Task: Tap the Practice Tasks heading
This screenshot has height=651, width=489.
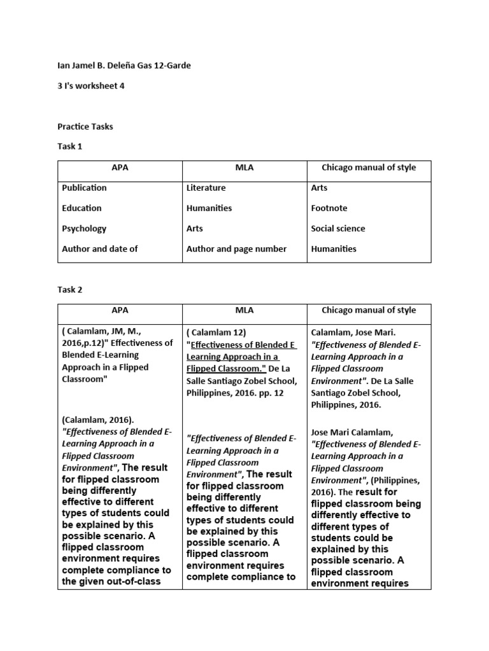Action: [85, 127]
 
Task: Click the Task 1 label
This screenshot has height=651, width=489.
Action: [70, 147]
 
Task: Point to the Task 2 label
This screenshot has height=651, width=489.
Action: [70, 290]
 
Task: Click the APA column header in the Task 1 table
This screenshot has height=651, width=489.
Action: [120, 168]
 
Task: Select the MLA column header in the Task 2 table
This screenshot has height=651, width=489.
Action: [244, 311]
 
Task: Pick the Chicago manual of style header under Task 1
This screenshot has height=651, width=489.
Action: [369, 168]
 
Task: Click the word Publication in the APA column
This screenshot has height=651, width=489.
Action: [84, 188]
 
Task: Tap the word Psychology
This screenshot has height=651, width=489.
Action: [84, 229]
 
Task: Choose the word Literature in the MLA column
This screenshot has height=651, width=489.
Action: [206, 188]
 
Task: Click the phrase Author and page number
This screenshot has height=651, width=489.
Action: [236, 249]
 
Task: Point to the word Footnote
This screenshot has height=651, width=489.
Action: [329, 209]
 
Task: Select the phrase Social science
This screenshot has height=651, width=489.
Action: [338, 229]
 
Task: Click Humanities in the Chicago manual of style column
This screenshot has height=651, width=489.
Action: [334, 249]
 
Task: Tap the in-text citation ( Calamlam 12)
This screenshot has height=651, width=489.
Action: [216, 332]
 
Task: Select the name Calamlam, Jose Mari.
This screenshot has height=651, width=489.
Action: [353, 332]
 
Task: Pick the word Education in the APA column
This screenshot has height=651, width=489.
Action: [81, 209]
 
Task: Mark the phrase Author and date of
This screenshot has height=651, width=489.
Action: [100, 249]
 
